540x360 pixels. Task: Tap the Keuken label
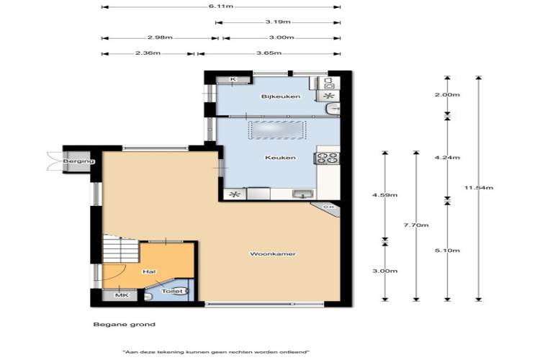coord(280,158)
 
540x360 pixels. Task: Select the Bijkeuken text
coord(280,96)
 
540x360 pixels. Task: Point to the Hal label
coord(149,271)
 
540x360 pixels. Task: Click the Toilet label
coord(172,291)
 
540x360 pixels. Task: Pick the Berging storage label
coord(78,161)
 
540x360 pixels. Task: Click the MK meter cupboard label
coord(122,295)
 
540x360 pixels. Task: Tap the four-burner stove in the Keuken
coord(327,158)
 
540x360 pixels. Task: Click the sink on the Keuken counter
coord(303,194)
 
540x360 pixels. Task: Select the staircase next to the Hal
coord(120,248)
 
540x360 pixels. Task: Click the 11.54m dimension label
coord(479,188)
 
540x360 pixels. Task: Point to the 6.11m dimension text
coord(221,6)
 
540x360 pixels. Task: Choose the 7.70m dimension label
coord(416,225)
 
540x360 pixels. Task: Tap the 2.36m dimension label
coord(148,53)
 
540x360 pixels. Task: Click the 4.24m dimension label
coord(447,158)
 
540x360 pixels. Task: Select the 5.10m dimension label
coord(447,251)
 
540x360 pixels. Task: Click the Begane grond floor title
coord(125,324)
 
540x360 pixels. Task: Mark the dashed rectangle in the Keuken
coord(277,130)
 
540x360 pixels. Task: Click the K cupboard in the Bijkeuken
coord(233,80)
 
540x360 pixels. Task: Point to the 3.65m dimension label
coord(269,53)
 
